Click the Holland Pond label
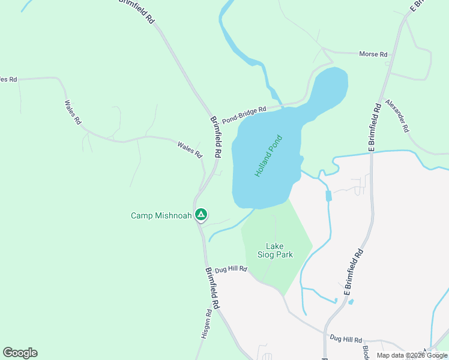click(268, 155)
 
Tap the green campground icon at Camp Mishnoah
click(201, 215)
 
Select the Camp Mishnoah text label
click(161, 215)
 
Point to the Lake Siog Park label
click(275, 250)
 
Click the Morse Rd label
click(373, 54)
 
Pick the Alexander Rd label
click(397, 116)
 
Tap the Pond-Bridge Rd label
click(244, 115)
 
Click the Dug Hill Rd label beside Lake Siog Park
click(230, 269)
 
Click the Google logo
click(20, 353)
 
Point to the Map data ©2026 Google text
click(412, 355)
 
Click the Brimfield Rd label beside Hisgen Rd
click(212, 288)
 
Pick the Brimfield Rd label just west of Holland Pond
click(215, 137)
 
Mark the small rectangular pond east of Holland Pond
click(328, 196)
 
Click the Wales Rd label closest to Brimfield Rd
click(190, 150)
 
